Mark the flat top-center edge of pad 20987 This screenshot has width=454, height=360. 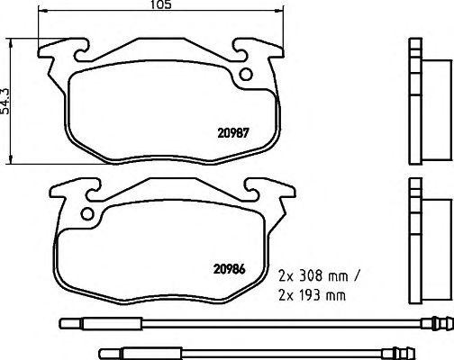coord(163,40)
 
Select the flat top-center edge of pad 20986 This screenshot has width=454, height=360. coord(163,178)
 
